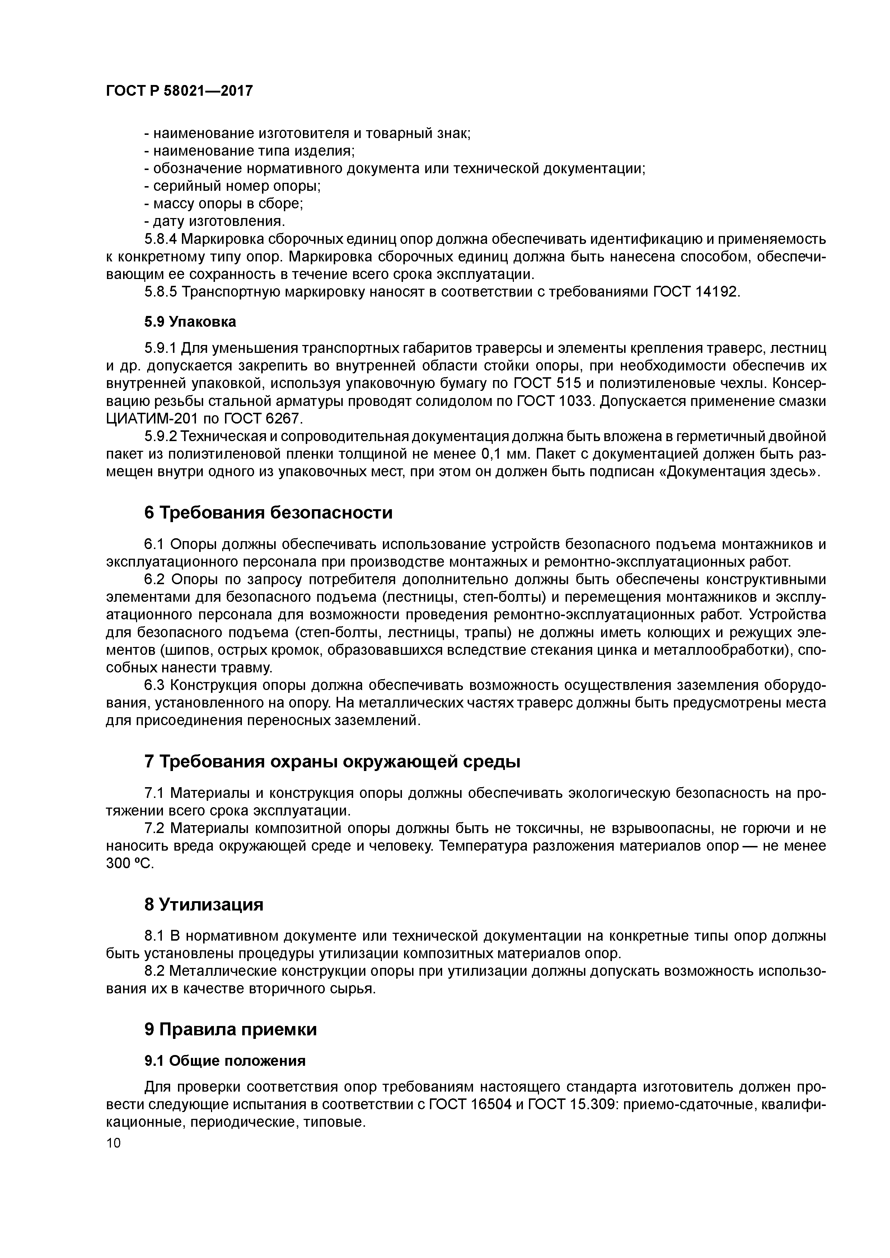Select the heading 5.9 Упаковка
[x=190, y=322]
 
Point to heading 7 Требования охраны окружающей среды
[x=332, y=762]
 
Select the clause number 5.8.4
[x=161, y=240]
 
